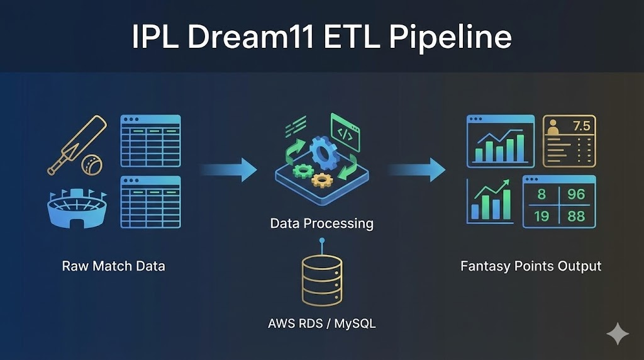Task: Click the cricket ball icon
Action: coord(92,165)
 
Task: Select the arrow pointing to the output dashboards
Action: coord(416,169)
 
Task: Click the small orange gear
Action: coord(322,181)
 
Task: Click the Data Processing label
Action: coord(321,223)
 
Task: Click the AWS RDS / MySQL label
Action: coord(321,324)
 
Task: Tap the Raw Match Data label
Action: coord(113,266)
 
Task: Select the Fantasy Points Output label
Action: coord(531,266)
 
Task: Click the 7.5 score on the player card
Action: coord(581,126)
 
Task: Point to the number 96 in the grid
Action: coord(575,195)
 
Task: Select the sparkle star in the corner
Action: coord(618,334)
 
